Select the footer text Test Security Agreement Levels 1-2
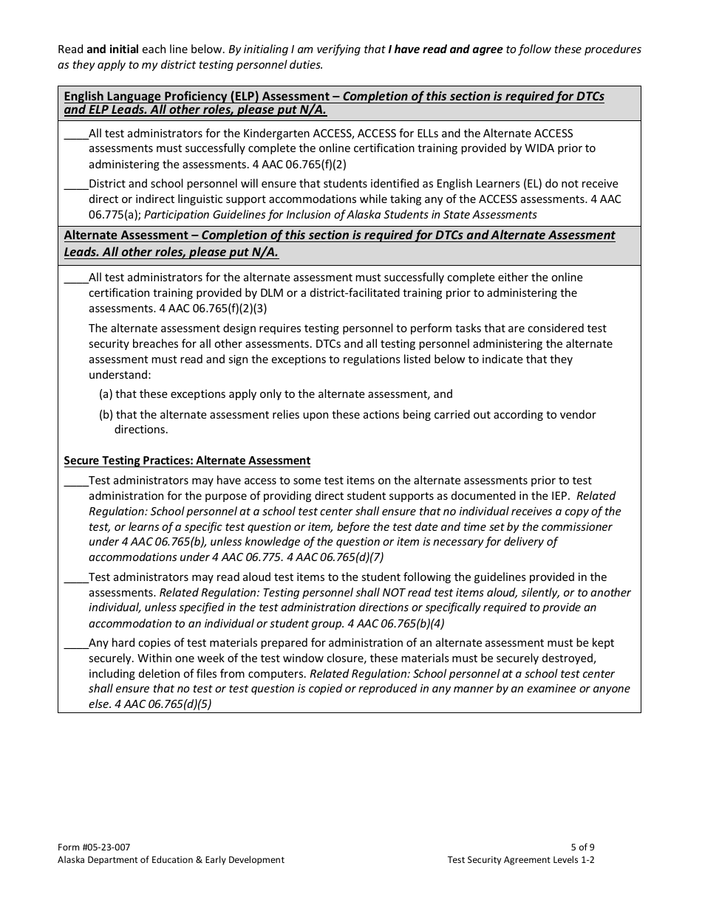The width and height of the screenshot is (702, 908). [520, 859]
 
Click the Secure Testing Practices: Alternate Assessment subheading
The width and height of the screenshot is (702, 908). [187, 461]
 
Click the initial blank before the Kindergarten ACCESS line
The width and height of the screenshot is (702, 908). [75, 134]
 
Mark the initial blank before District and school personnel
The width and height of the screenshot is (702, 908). [75, 185]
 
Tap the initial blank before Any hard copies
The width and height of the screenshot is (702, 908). [75, 644]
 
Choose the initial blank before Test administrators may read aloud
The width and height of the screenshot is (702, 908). [75, 578]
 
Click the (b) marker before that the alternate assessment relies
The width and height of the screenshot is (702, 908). [106, 415]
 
